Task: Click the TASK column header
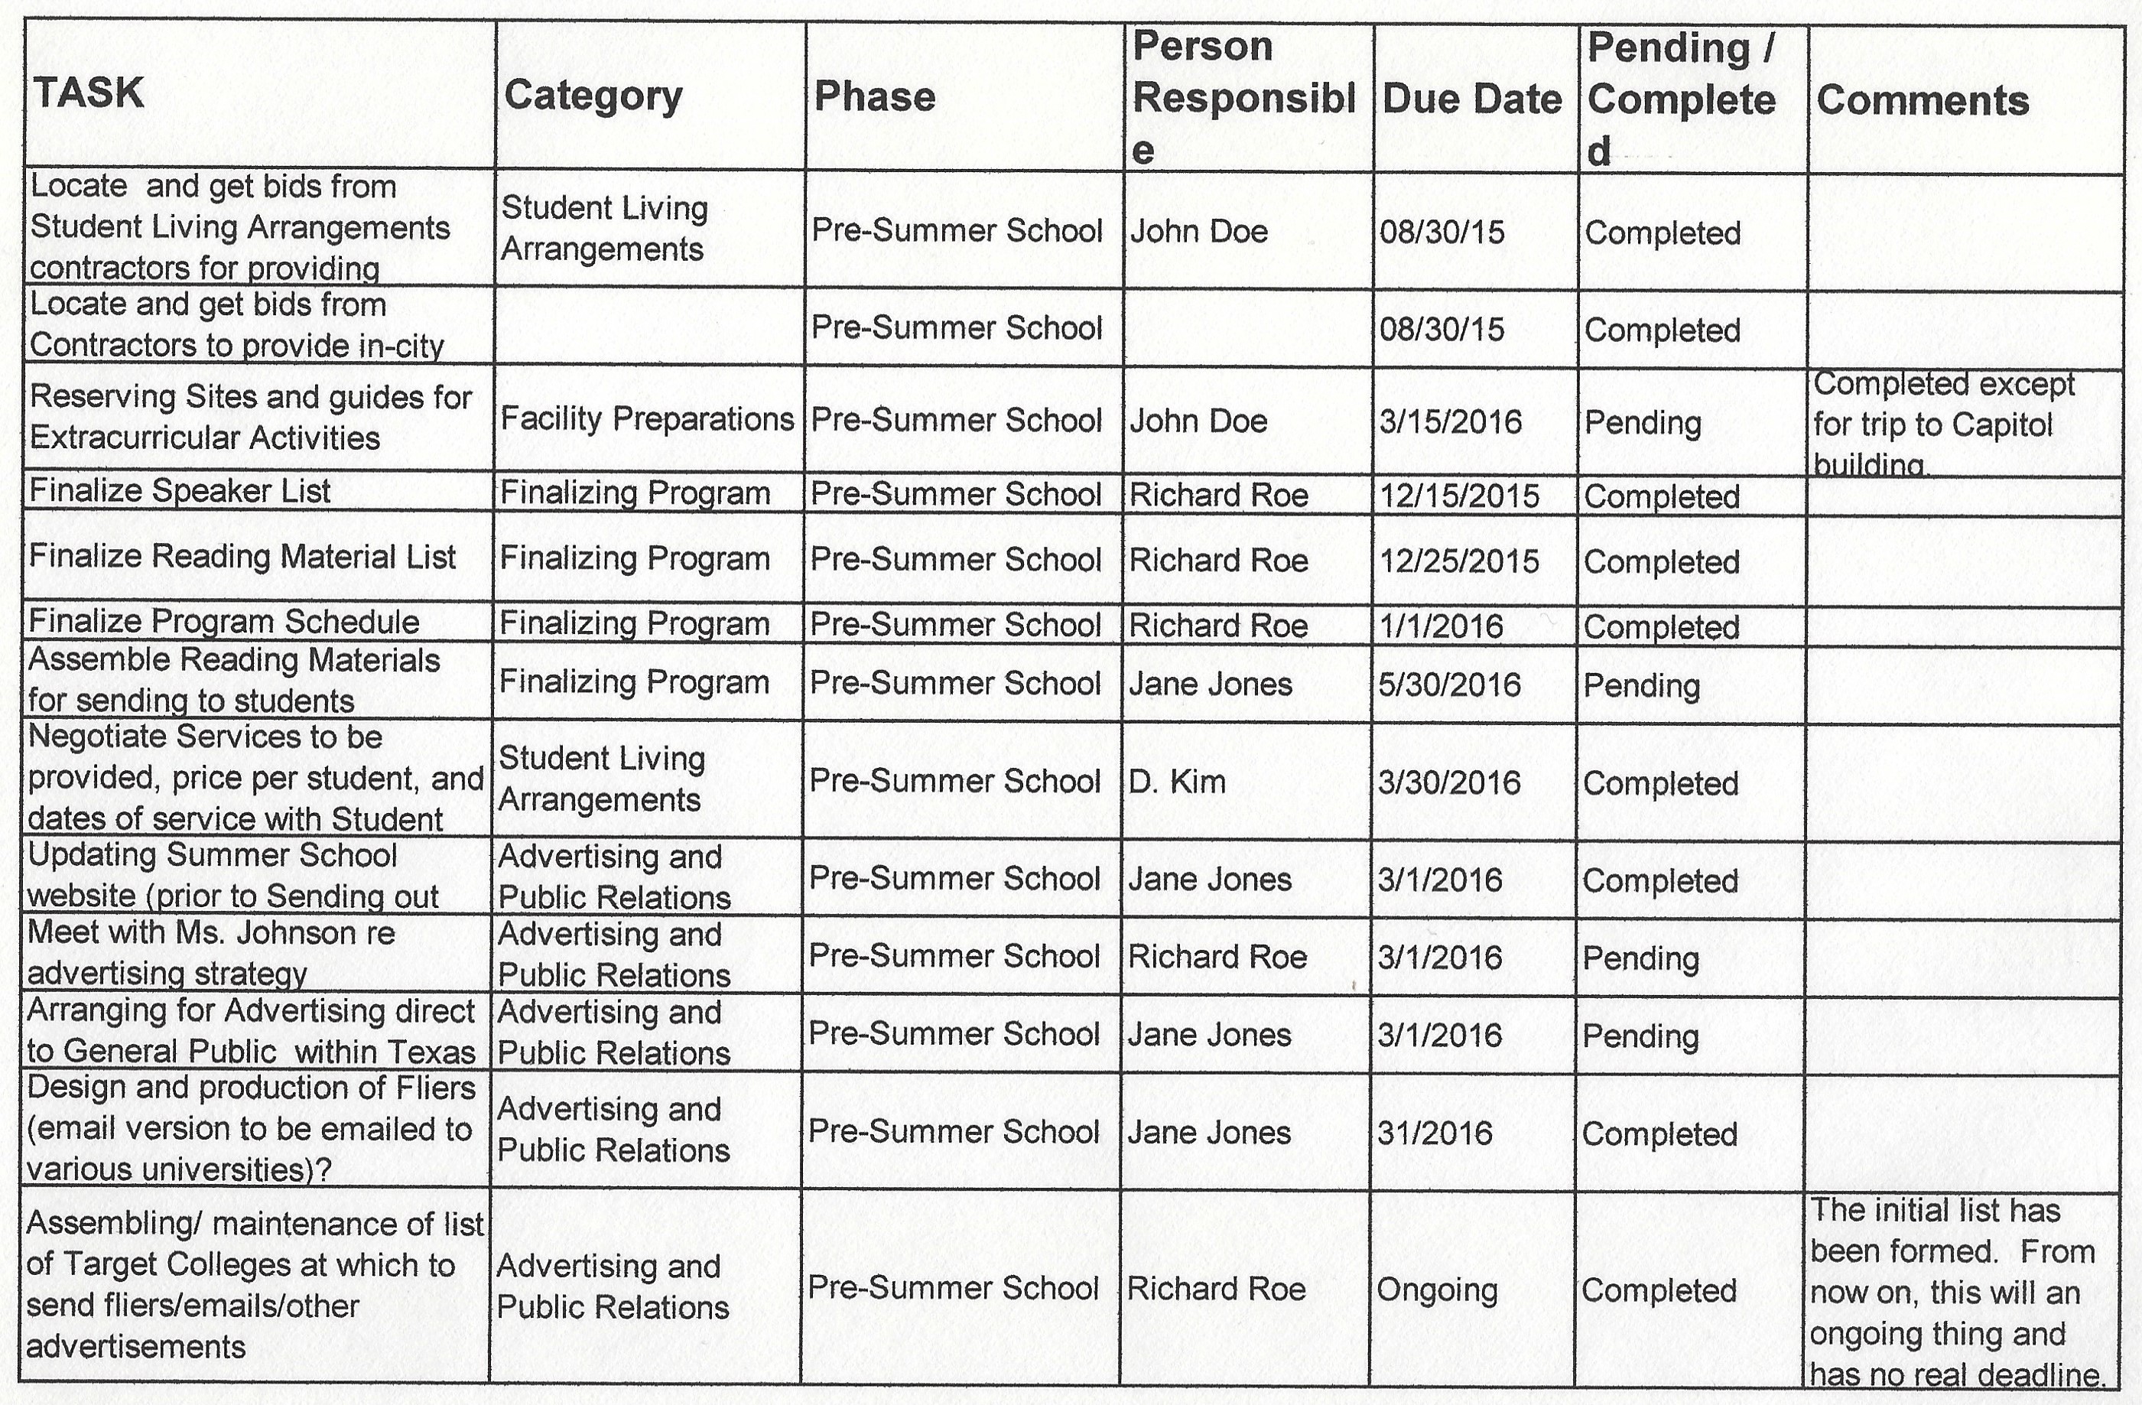88,93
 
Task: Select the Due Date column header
1471,99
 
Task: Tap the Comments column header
1923,100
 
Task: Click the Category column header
593,96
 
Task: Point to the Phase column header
874,96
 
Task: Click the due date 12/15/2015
1459,495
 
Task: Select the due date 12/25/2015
1459,561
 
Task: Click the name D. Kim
1177,781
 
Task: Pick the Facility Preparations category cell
647,418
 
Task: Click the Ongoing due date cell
1436,1289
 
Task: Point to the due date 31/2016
1435,1132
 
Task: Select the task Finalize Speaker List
180,490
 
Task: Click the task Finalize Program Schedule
224,621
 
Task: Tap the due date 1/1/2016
1440,626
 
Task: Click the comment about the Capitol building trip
1944,424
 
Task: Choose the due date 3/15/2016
1450,421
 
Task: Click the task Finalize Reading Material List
242,556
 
